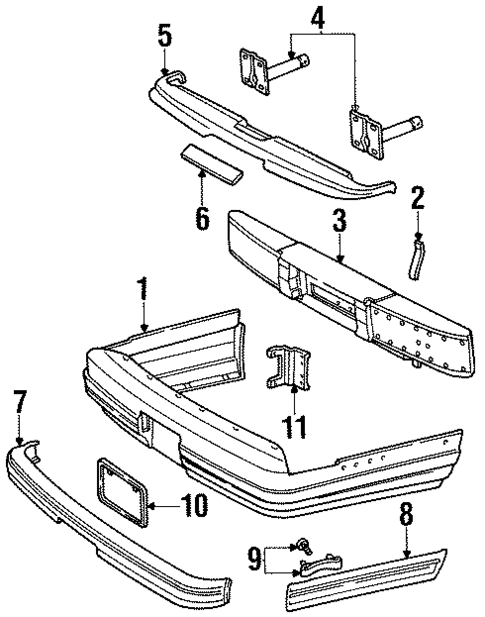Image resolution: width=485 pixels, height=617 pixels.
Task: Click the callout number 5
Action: (x=164, y=36)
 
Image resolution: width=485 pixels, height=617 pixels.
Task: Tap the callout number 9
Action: (x=253, y=555)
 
